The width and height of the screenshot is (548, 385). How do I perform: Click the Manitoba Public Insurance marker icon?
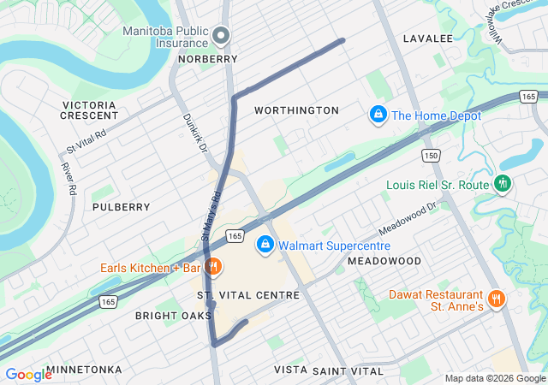222,35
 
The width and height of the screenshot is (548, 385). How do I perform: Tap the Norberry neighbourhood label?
207,59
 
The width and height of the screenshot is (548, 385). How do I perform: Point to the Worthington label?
296,110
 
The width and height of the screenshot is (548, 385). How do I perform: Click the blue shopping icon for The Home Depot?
377,114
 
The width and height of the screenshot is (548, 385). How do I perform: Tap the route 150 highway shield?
430,155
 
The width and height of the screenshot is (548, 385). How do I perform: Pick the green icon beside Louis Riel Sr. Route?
503,184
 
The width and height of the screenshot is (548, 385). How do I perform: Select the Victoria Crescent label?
90,110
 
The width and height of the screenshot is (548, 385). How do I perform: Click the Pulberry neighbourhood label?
121,207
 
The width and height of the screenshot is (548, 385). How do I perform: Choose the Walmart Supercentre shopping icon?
265,246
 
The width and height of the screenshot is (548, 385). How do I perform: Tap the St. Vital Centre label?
248,295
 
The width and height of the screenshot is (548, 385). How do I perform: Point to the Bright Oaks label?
173,316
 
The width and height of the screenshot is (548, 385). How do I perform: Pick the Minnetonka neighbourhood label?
84,370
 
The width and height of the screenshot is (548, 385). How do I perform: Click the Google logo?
28,375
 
